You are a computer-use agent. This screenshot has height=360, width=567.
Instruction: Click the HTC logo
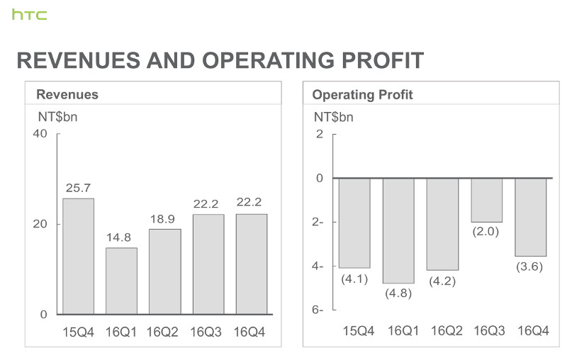tap(29, 14)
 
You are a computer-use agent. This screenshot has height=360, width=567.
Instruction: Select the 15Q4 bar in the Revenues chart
tap(78, 256)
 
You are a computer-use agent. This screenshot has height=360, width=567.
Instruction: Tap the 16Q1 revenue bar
tap(121, 281)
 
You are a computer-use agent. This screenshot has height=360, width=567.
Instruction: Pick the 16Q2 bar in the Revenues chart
tap(164, 271)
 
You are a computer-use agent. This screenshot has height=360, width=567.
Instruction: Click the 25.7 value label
tap(78, 188)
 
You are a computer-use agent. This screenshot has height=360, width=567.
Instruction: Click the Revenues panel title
tap(67, 94)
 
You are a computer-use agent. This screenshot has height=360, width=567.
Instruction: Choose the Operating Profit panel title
tap(362, 94)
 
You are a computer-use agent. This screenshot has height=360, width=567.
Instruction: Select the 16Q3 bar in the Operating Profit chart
tap(486, 200)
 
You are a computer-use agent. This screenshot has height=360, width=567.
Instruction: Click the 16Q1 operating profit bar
tap(398, 230)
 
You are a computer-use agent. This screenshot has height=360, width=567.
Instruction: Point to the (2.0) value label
tap(486, 232)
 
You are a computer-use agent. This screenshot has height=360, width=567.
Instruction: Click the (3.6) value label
tap(530, 266)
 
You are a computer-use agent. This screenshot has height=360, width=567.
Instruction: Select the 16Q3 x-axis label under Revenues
tap(208, 331)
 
